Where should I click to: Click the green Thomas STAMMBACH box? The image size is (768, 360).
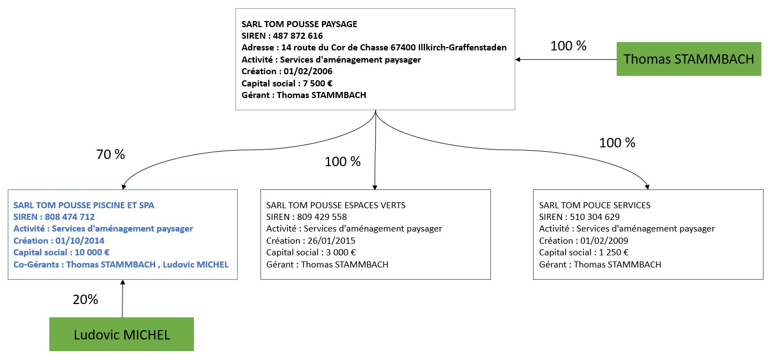tap(688, 59)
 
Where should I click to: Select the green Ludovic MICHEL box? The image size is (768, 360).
tap(121, 335)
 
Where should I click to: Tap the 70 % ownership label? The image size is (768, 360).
tap(110, 155)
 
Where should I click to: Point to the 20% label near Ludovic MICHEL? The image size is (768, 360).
tap(85, 300)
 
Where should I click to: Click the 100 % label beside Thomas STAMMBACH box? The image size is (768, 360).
tap(569, 46)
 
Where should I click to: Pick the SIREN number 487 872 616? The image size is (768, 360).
tap(298, 35)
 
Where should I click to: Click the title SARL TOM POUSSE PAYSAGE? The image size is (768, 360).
tap(299, 24)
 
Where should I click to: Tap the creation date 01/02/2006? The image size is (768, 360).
tap(308, 71)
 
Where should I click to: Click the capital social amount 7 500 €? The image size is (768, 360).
tap(318, 83)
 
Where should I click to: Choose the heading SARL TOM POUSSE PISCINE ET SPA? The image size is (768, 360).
tap(84, 205)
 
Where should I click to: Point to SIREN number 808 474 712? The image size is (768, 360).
tap(70, 217)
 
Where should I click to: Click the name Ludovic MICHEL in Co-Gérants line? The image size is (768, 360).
tap(196, 264)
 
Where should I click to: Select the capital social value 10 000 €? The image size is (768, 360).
tap(92, 253)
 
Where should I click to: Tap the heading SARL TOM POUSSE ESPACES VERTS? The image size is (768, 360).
tap(336, 205)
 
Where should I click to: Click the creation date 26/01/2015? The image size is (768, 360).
tap(331, 241)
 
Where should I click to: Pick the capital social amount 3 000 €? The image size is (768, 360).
tap(341, 253)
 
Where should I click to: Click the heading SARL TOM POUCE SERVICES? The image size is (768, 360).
tap(595, 205)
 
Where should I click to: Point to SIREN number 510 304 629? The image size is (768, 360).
tap(595, 217)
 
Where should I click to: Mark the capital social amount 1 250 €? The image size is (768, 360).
tap(614, 253)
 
